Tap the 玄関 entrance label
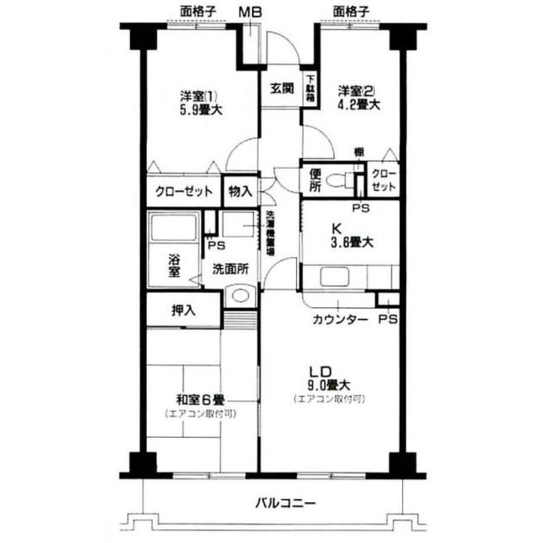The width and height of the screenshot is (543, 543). (x=282, y=87)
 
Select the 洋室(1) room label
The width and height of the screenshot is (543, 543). (x=199, y=96)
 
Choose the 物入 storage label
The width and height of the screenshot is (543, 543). (x=239, y=192)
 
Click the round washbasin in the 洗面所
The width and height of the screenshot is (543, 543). (x=239, y=296)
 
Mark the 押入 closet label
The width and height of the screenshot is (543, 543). (x=184, y=310)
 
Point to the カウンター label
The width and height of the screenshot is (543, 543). (x=339, y=319)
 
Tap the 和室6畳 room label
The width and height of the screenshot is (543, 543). (x=200, y=400)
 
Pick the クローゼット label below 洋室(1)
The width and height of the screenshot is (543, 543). (x=183, y=192)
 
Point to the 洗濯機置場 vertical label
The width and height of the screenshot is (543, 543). (x=270, y=233)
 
